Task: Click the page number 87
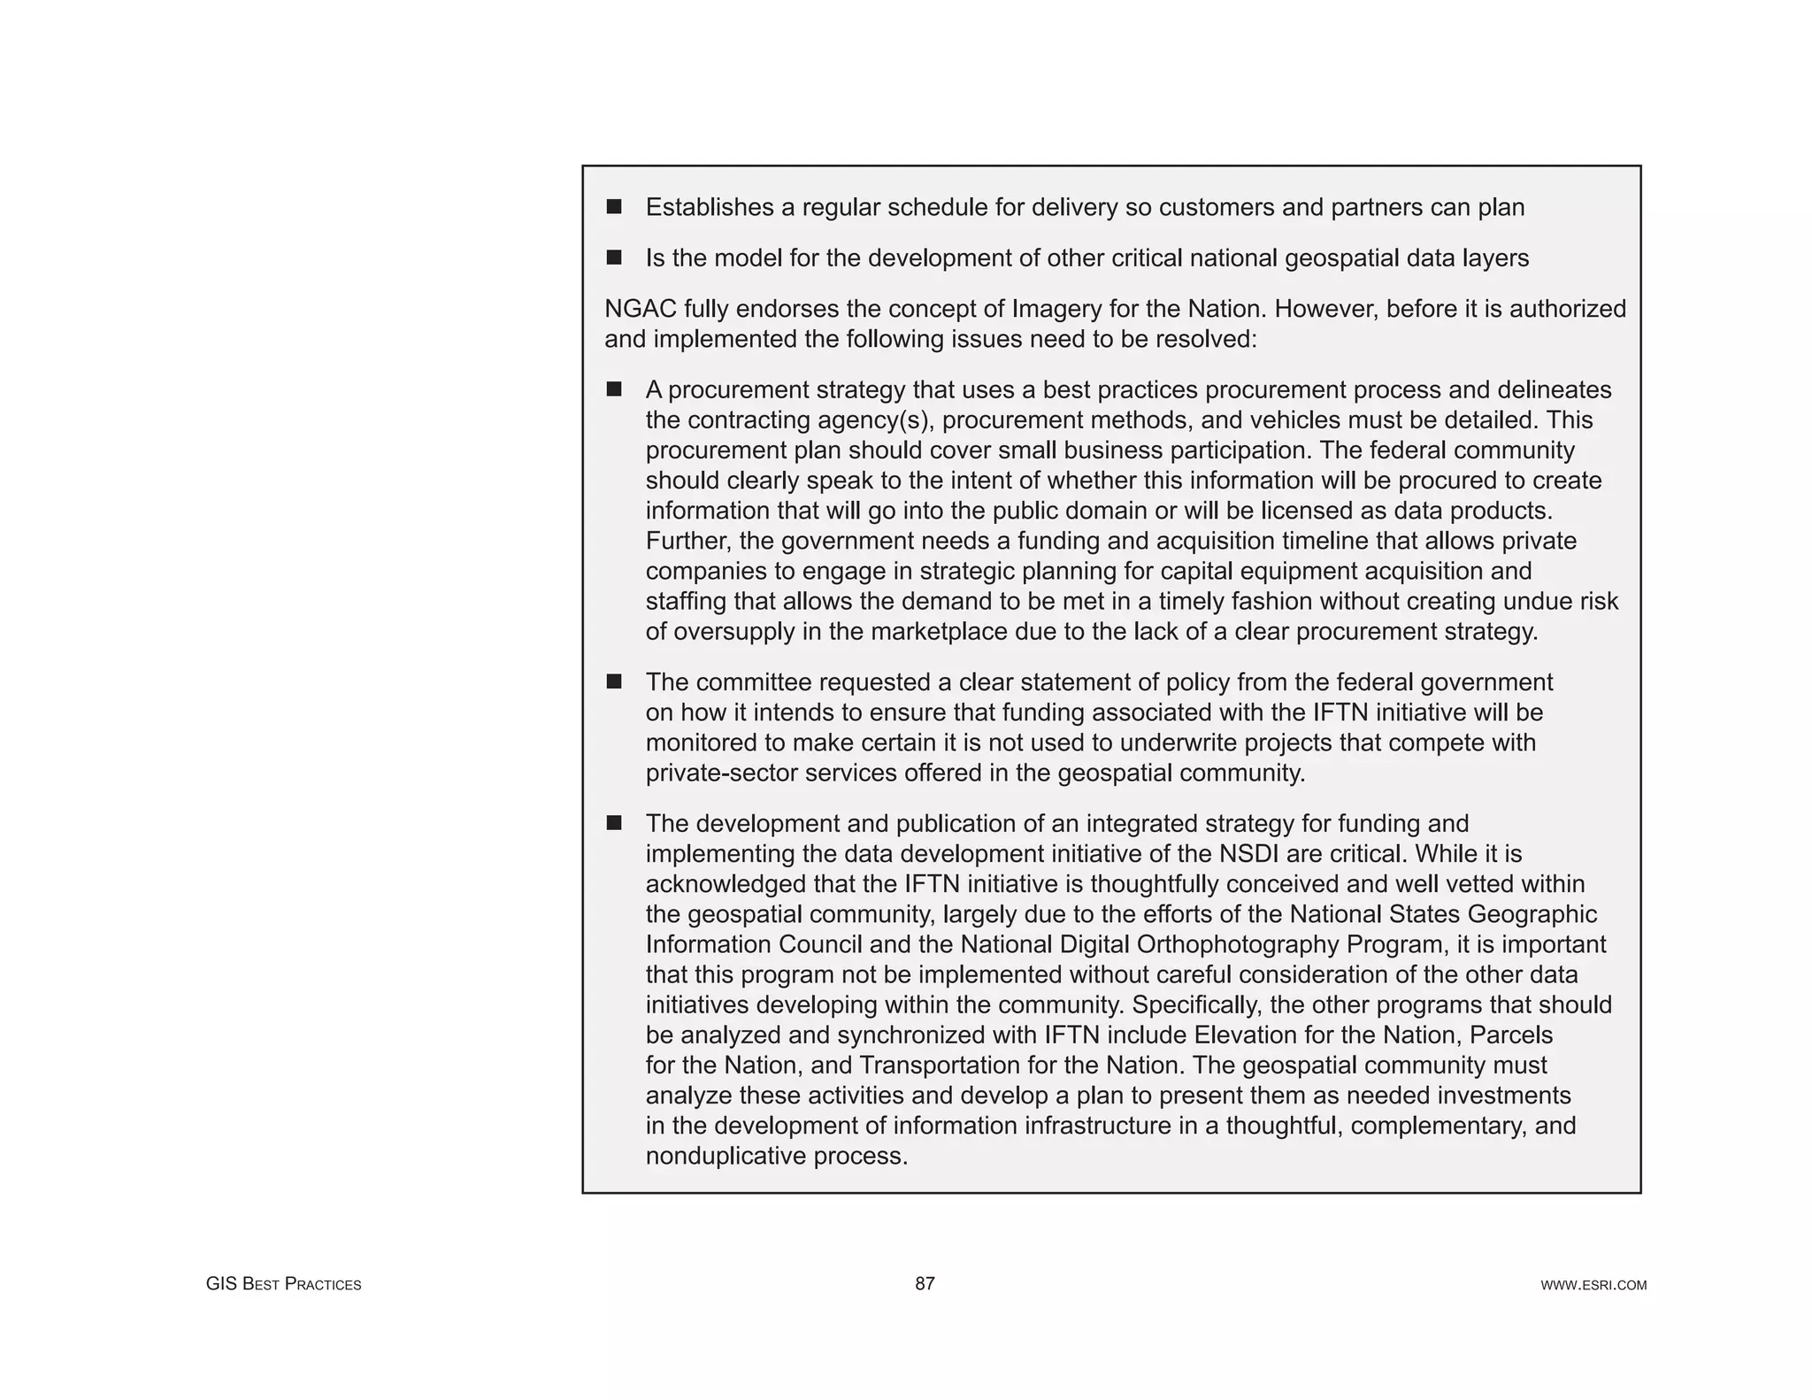925,1283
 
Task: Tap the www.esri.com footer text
1593,1285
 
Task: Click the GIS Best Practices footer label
283,1284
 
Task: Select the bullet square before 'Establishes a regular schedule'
614,207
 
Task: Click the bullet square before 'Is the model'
614,258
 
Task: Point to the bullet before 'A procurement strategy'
614,389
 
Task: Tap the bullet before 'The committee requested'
614,681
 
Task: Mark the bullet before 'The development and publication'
614,823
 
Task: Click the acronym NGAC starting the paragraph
641,309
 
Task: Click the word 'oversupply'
739,632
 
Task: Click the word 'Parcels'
1512,1035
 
